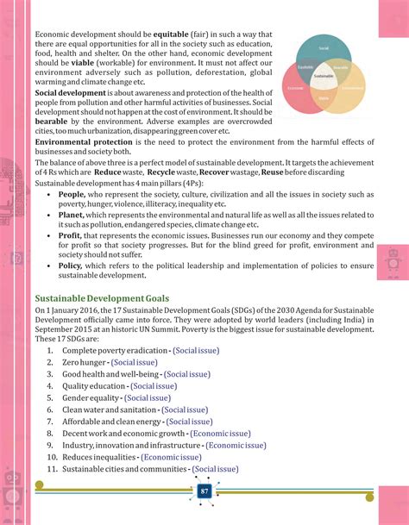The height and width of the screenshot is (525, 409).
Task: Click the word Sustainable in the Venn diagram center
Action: pyautogui.click(x=324, y=76)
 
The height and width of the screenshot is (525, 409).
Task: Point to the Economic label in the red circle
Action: pyautogui.click(x=296, y=87)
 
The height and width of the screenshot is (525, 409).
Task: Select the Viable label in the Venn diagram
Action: pyautogui.click(x=324, y=98)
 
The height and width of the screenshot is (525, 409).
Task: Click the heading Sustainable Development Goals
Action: pyautogui.click(x=96, y=297)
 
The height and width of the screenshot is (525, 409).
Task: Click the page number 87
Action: pyautogui.click(x=204, y=491)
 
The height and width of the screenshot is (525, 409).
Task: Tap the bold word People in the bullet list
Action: pyautogui.click(x=72, y=195)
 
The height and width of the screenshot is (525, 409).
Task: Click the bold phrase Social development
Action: pyautogui.click(x=70, y=93)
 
